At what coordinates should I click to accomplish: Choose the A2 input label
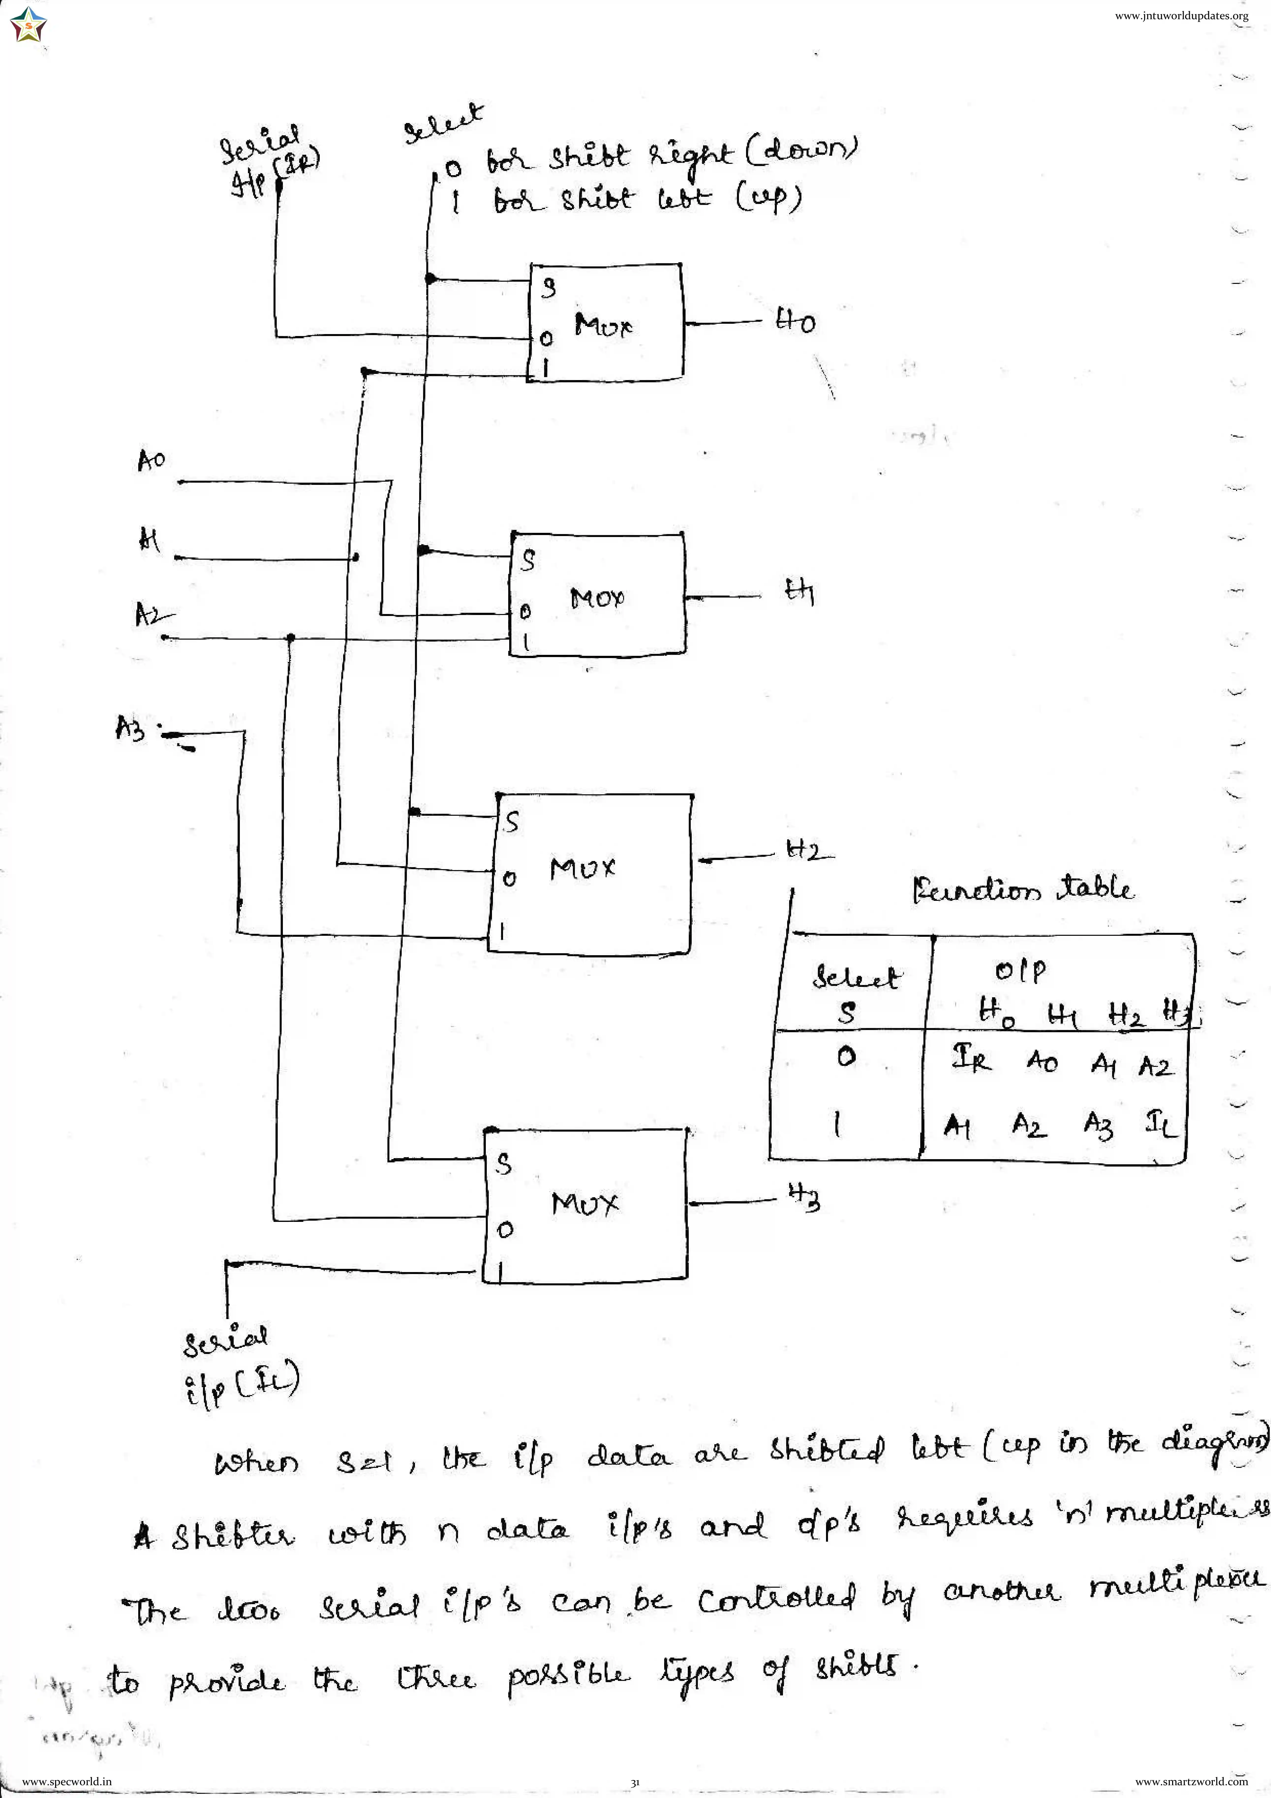click(150, 614)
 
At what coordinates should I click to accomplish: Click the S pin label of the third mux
click(511, 822)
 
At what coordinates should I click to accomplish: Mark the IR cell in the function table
click(971, 1060)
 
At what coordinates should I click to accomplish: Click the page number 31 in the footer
click(635, 1782)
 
